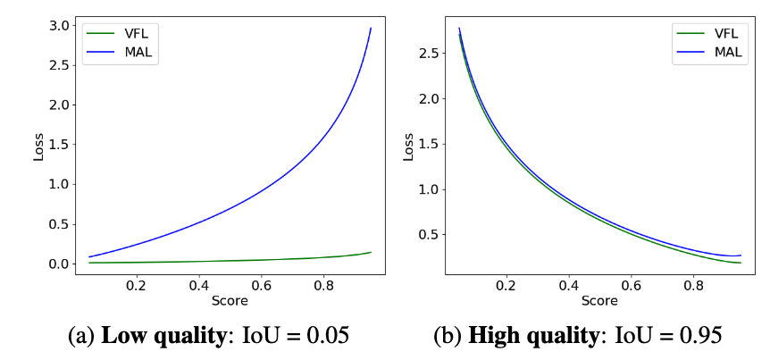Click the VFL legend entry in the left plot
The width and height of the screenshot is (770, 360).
tap(128, 33)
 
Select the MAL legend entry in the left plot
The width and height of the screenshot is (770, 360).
tap(128, 51)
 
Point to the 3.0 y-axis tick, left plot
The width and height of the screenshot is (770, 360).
tap(60, 26)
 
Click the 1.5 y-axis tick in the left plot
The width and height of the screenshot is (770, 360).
tap(60, 145)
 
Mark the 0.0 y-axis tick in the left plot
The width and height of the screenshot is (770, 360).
tap(60, 264)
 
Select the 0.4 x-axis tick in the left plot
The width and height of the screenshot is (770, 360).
tap(199, 285)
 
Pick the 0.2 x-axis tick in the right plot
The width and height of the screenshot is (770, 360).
tap(506, 285)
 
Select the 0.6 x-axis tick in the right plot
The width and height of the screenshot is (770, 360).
tap(632, 285)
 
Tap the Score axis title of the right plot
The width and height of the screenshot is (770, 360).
tap(599, 301)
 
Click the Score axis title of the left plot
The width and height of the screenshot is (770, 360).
tap(230, 301)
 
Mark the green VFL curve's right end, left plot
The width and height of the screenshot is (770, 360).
tap(371, 252)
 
